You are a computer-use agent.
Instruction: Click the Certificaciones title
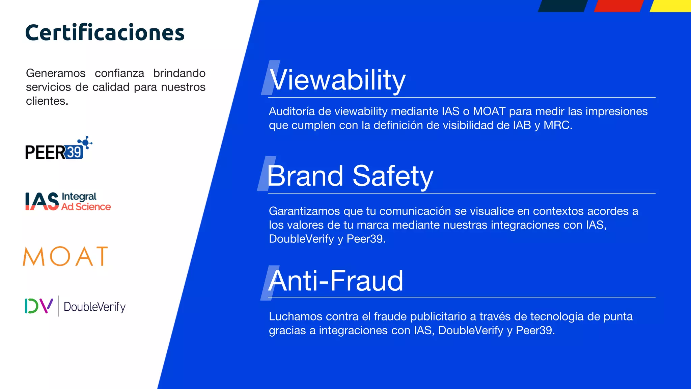[x=105, y=33]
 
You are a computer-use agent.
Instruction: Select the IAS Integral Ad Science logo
[x=68, y=202]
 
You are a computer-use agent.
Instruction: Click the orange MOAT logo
[x=65, y=256]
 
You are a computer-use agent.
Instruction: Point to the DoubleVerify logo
[x=75, y=306]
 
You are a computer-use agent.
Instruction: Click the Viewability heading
[x=337, y=80]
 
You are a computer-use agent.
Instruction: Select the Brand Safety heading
[x=350, y=176]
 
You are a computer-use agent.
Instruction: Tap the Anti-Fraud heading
[x=336, y=281]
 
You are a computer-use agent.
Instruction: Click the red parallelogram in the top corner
[x=618, y=6]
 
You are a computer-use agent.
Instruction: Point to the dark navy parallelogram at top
[x=562, y=6]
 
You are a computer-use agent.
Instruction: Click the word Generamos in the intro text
[x=56, y=73]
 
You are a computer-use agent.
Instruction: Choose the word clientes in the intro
[x=47, y=101]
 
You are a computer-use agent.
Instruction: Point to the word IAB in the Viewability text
[x=522, y=125]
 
